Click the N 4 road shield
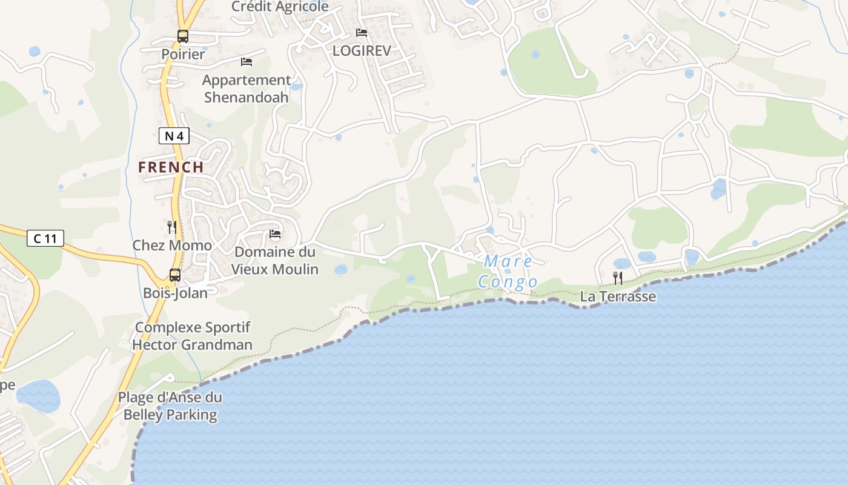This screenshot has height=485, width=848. pyautogui.click(x=174, y=136)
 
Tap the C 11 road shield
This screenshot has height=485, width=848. pyautogui.click(x=45, y=238)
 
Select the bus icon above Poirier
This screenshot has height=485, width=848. pyautogui.click(x=183, y=36)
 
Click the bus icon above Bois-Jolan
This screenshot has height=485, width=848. pyautogui.click(x=175, y=275)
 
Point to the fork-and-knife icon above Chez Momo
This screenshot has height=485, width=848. pyautogui.click(x=172, y=227)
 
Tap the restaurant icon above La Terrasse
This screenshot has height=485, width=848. pyautogui.click(x=618, y=278)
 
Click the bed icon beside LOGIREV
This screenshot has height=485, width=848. pyautogui.click(x=362, y=33)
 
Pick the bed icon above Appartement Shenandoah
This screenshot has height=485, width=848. pyautogui.click(x=247, y=62)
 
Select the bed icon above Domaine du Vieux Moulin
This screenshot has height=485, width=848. pyautogui.click(x=275, y=234)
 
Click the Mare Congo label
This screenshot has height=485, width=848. pyautogui.click(x=508, y=272)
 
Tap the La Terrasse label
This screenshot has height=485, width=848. pyautogui.click(x=618, y=296)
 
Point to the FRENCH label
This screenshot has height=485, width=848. pyautogui.click(x=171, y=167)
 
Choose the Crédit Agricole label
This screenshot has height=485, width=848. pyautogui.click(x=280, y=7)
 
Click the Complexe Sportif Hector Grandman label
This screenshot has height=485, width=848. pyautogui.click(x=192, y=336)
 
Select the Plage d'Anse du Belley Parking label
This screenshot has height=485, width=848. pyautogui.click(x=170, y=406)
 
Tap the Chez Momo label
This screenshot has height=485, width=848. pyautogui.click(x=172, y=246)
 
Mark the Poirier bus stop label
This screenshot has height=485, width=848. pyautogui.click(x=183, y=54)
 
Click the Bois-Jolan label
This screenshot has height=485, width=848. pyautogui.click(x=175, y=293)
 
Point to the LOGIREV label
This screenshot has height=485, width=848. pyautogui.click(x=362, y=51)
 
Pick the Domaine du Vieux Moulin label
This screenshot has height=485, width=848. pyautogui.click(x=276, y=260)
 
